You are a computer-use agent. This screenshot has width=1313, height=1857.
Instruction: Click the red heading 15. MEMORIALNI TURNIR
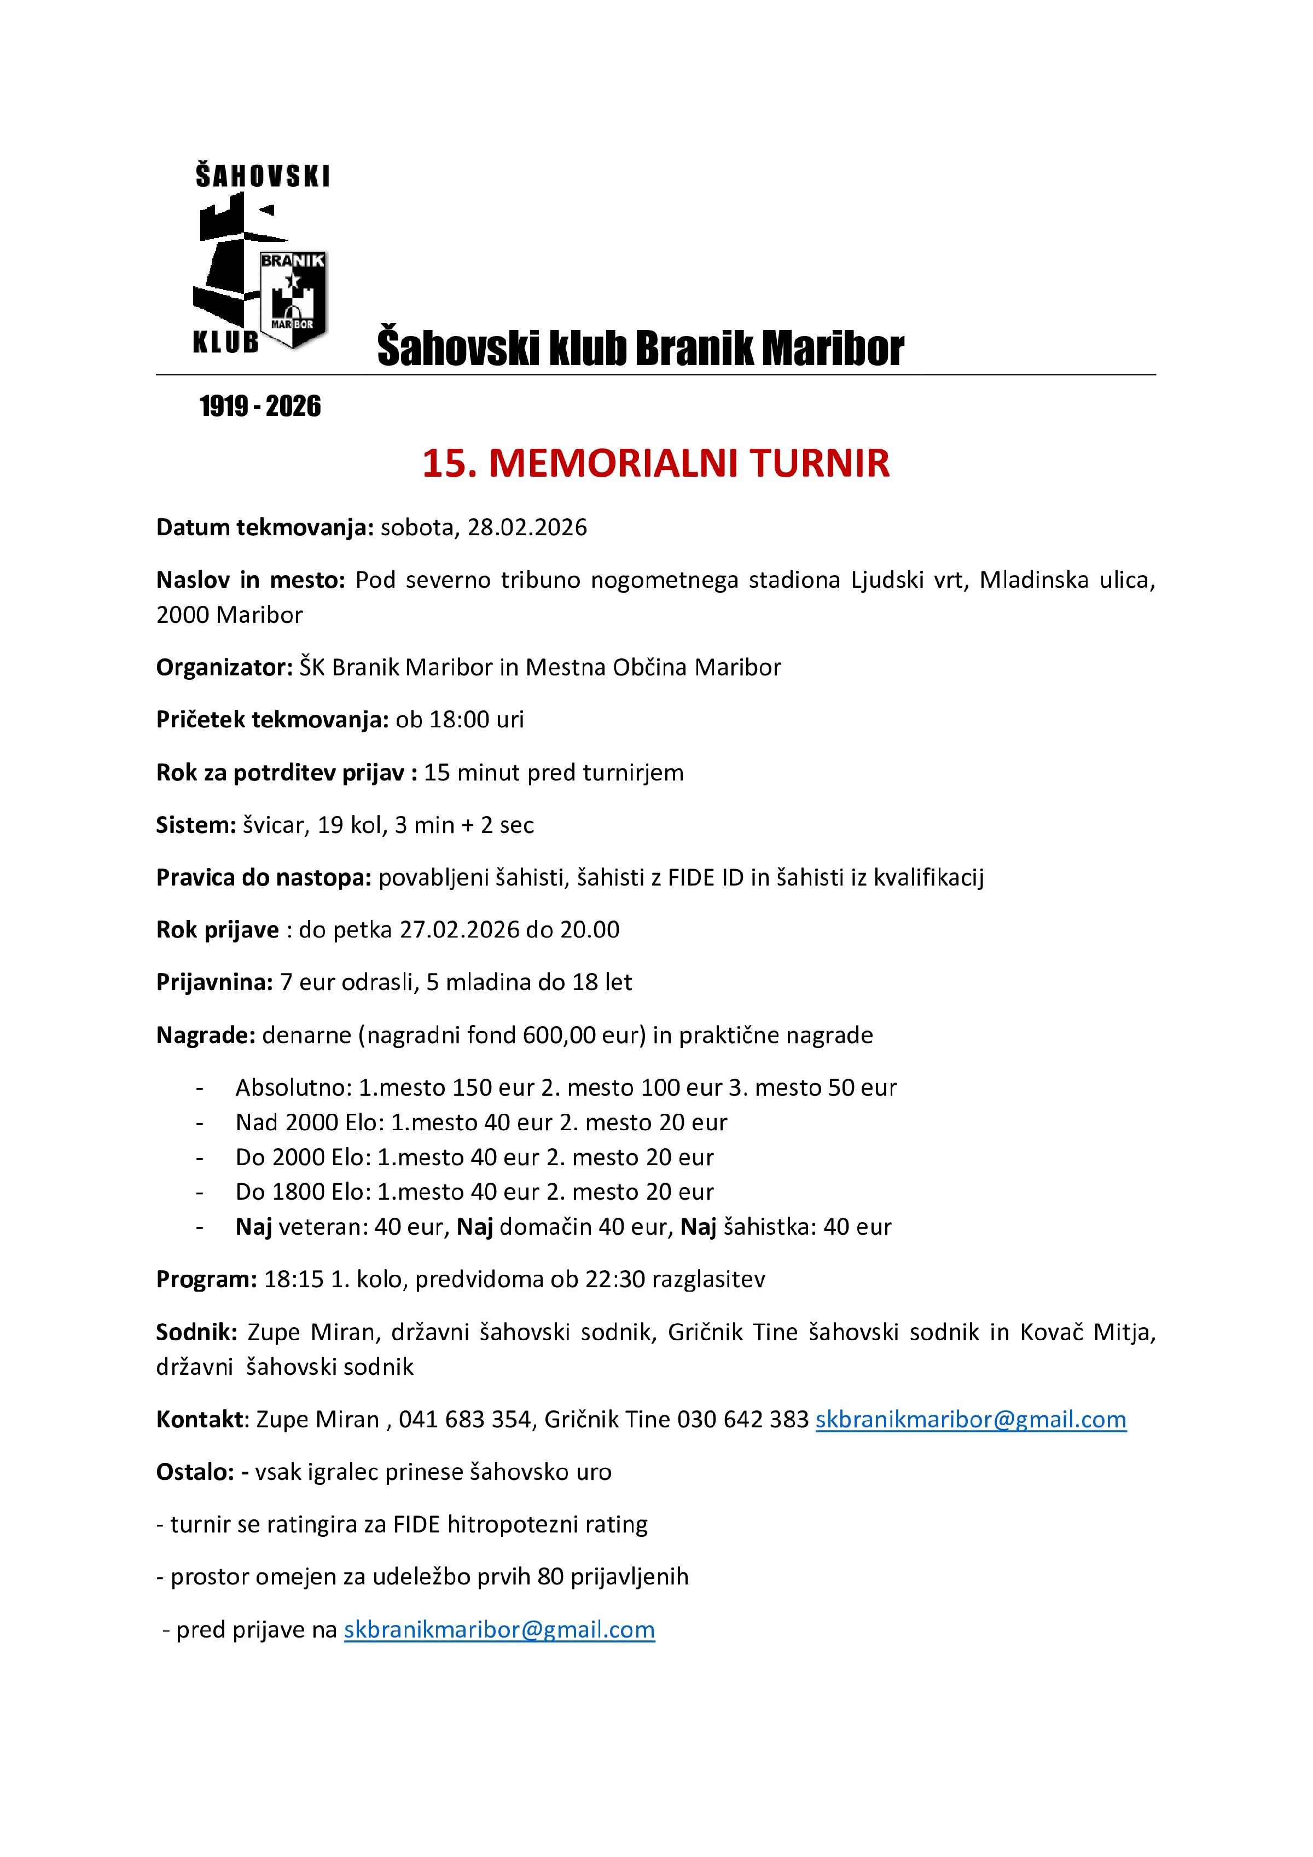click(656, 464)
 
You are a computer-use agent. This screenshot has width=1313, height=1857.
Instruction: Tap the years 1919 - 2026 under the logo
click(259, 406)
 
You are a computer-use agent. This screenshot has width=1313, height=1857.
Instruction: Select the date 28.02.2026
click(527, 528)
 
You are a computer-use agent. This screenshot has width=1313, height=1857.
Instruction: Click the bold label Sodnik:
click(196, 1332)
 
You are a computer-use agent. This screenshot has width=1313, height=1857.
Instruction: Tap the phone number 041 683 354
click(464, 1420)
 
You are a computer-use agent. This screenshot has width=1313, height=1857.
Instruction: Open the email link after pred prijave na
click(499, 1630)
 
